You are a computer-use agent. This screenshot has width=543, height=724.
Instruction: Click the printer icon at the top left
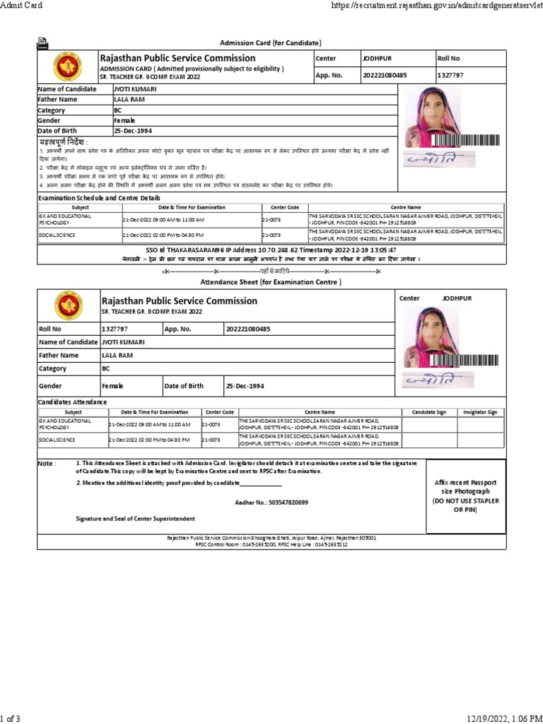[42, 43]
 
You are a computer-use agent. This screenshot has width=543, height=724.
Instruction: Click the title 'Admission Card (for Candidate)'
[271, 43]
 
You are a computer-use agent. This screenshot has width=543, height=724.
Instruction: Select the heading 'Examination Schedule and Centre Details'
[99, 198]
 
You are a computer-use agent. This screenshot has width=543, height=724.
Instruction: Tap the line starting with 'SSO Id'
[271, 250]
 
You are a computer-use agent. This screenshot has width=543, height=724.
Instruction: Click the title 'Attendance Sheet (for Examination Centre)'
[271, 282]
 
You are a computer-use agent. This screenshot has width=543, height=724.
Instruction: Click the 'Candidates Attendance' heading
[72, 402]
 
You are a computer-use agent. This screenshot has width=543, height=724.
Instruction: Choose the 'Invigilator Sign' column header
[480, 411]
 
